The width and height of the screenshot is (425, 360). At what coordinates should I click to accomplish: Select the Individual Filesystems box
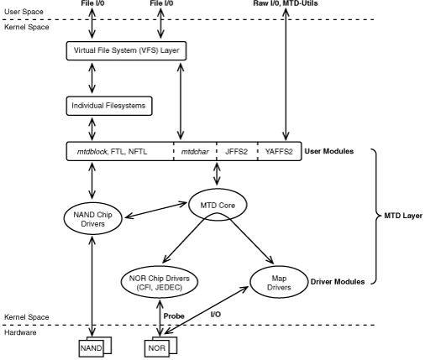(x=108, y=107)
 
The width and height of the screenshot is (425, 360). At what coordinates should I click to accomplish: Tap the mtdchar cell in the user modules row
(x=195, y=152)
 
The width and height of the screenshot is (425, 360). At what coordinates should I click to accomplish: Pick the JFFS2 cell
(x=236, y=152)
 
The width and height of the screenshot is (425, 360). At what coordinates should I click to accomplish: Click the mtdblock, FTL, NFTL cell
(x=118, y=152)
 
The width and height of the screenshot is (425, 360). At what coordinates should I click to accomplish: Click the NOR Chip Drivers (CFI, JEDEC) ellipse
(x=159, y=283)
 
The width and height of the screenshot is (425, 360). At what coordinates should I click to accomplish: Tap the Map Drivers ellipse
(x=277, y=282)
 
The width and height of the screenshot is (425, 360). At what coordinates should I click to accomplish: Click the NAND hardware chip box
(x=89, y=347)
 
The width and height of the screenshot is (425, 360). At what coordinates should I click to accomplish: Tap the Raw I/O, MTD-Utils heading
(x=288, y=5)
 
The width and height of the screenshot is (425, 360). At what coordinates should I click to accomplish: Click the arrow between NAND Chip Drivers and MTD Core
(x=159, y=211)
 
